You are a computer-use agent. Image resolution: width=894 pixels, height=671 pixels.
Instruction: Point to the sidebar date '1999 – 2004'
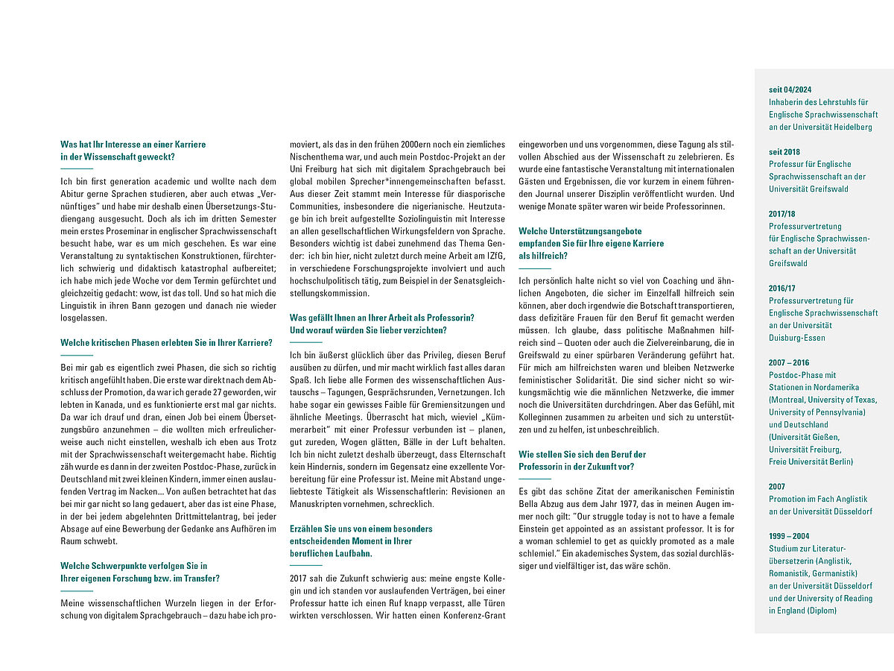coord(789,536)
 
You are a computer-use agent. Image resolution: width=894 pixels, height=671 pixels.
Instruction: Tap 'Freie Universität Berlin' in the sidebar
coord(811,461)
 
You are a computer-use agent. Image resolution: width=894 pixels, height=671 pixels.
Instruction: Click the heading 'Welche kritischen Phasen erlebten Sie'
coord(166,343)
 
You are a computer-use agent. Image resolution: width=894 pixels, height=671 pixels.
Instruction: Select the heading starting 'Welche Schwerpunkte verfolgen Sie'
coord(134,566)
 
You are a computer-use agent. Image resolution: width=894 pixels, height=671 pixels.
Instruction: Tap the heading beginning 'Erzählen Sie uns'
coord(361,529)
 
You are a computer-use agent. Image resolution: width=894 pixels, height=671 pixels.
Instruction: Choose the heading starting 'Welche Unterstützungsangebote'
coord(580,231)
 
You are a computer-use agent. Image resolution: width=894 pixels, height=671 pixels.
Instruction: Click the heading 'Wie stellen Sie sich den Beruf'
coord(582,454)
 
